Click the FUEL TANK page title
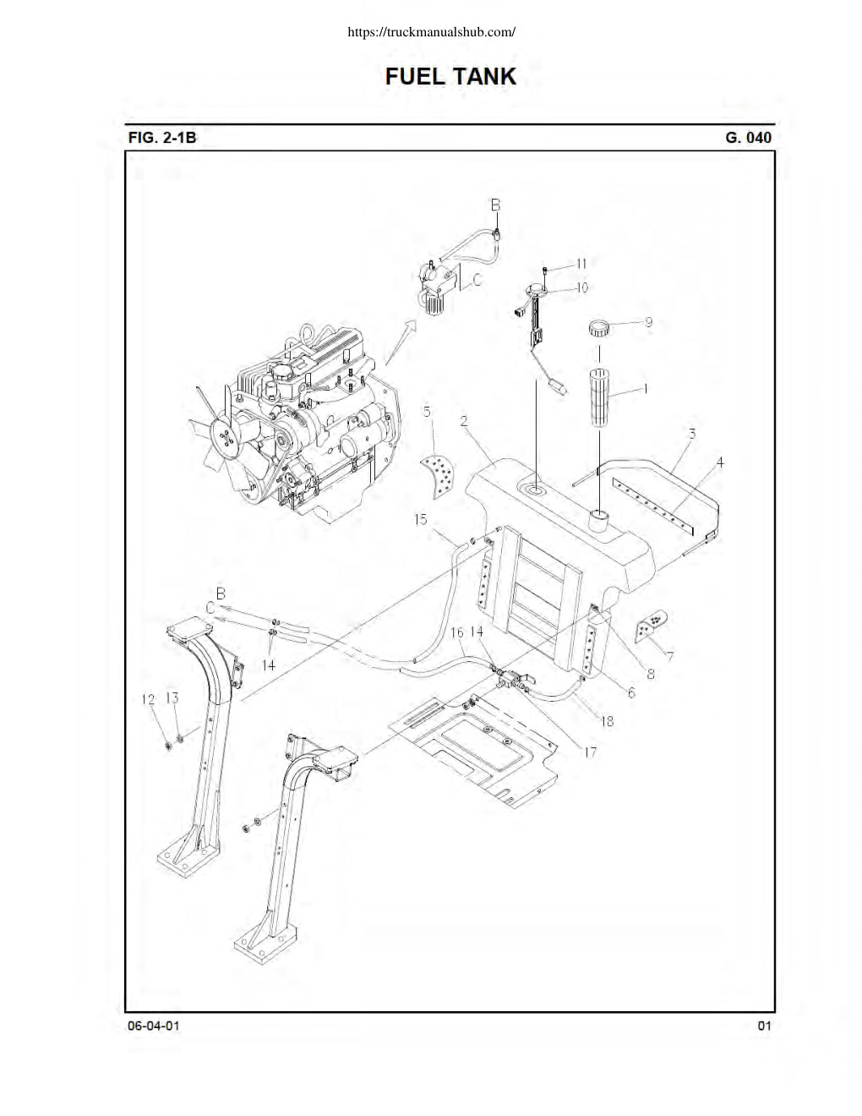coord(450,77)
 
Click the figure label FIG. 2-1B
coord(161,138)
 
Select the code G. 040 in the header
coord(748,138)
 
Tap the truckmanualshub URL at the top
coord(431,32)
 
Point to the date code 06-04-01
coord(154,1026)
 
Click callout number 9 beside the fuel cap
coord(648,322)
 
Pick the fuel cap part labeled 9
coord(598,328)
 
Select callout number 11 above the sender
coord(581,264)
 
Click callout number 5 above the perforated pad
coord(427,412)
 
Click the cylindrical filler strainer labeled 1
coord(599,397)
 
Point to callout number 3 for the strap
coord(691,434)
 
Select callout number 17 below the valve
coord(591,752)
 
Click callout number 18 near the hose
coord(608,721)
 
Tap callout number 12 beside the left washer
coord(148,699)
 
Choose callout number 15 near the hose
coord(421,519)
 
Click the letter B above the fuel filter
coord(495,205)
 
